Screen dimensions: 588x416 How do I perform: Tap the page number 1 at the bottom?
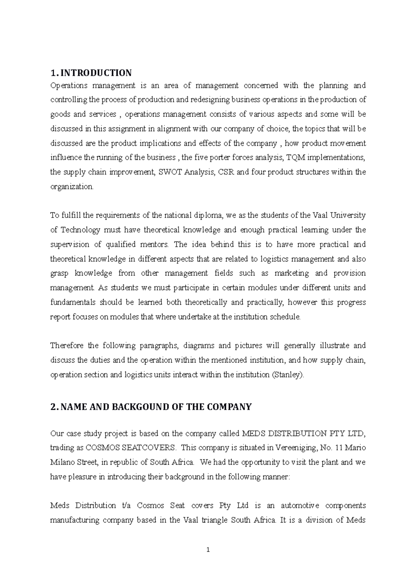pos(208,550)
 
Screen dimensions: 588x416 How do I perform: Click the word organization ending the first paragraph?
pos(71,187)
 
